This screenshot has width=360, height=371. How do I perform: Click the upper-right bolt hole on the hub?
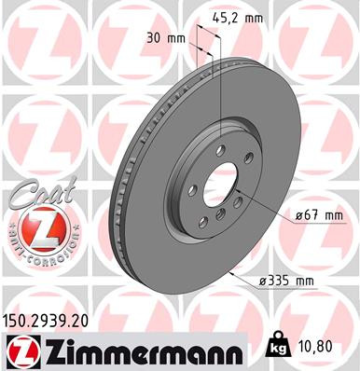[x=245, y=168]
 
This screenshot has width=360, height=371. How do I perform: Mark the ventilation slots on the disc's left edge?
[x=119, y=186]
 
